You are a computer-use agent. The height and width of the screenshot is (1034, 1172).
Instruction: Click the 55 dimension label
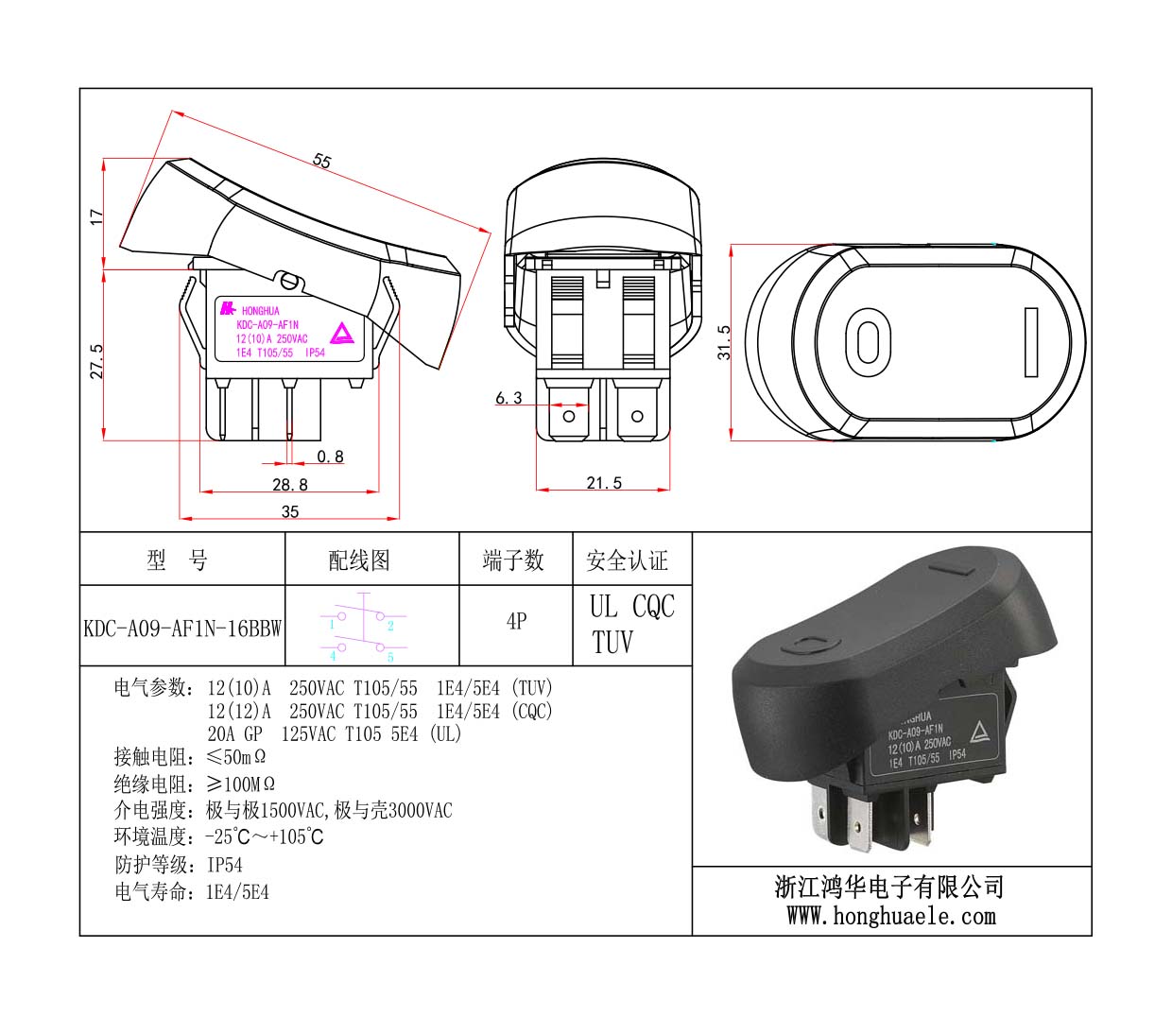click(x=321, y=161)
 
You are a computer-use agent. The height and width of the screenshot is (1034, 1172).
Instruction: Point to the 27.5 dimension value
click(x=96, y=362)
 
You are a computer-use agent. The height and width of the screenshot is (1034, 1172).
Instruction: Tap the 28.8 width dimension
click(x=290, y=484)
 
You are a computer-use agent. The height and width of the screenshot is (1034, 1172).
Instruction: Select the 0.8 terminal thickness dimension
click(x=330, y=457)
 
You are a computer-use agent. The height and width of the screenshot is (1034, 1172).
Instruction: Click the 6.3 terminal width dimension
click(x=508, y=398)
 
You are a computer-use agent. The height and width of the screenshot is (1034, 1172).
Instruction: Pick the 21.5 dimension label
click(x=604, y=483)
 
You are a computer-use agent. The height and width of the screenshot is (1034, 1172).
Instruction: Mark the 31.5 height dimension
click(x=724, y=342)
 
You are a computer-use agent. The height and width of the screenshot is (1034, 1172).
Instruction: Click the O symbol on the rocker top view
click(x=868, y=342)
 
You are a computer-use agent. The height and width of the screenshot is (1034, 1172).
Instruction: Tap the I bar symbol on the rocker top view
click(x=1031, y=342)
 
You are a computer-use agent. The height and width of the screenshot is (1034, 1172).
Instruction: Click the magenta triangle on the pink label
click(x=341, y=334)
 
